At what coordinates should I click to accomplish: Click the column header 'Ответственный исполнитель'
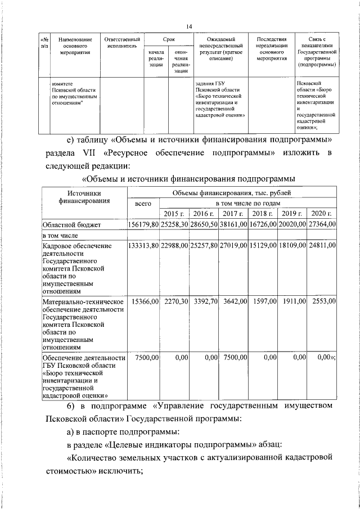[x=121, y=43]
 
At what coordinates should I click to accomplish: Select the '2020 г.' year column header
[x=322, y=213]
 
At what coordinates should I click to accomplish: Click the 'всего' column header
[x=144, y=208]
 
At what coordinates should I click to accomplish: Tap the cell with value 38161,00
[x=233, y=224]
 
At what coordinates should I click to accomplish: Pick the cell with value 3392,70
[x=204, y=301]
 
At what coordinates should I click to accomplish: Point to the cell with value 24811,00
[x=322, y=245]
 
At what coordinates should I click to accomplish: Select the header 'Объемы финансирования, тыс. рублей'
[x=233, y=193]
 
